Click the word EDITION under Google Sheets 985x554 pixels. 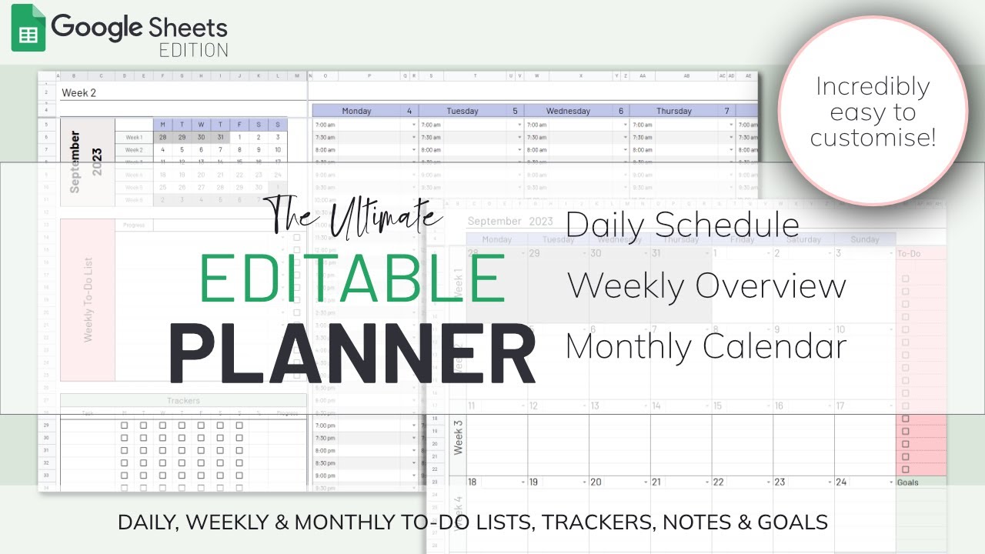click(193, 51)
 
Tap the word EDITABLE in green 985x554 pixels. click(352, 279)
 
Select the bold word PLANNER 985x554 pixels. click(352, 355)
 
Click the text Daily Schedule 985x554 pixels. click(683, 224)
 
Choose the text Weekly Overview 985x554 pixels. click(706, 285)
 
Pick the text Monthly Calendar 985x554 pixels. click(706, 346)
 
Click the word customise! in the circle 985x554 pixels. click(873, 138)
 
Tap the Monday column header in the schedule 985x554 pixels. click(356, 111)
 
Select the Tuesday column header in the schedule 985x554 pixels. click(463, 111)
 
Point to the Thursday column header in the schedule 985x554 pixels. click(674, 111)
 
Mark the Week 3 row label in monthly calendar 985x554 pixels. click(458, 437)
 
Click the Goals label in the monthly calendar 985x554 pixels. click(908, 482)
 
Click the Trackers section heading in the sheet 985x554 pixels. click(183, 400)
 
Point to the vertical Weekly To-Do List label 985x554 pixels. click(87, 301)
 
